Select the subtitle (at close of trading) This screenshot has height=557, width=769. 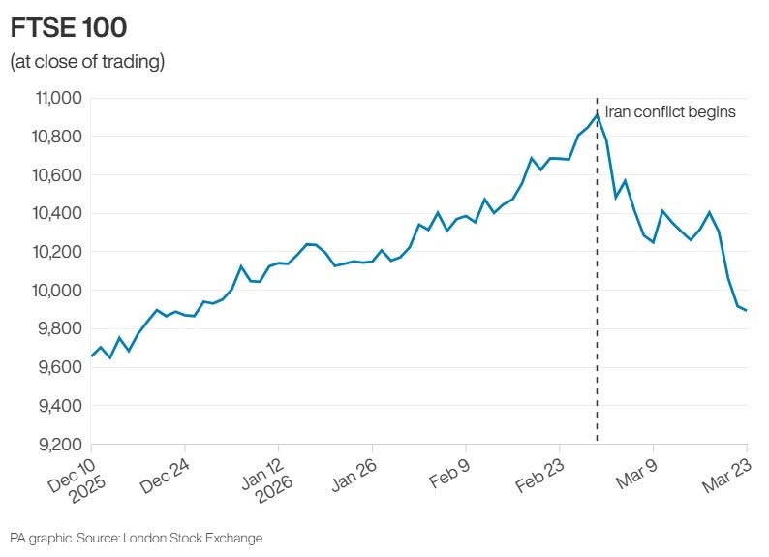pos(87,63)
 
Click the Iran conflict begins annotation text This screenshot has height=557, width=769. pos(670,112)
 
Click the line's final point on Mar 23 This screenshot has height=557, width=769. pos(746,311)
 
